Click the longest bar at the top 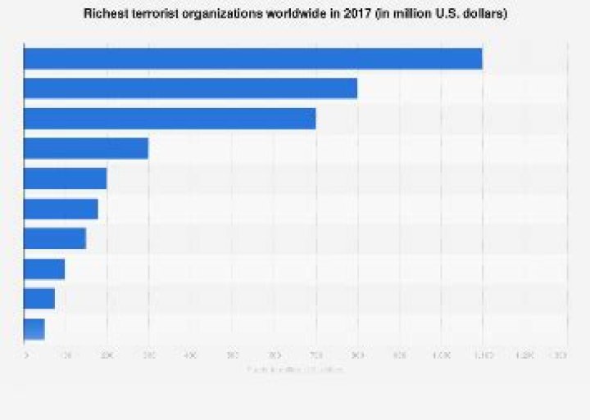[x=252, y=59]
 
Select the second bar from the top [x=190, y=88]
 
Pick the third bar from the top [x=170, y=119]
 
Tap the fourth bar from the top [x=86, y=148]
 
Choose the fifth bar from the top [x=66, y=178]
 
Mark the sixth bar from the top [x=61, y=209]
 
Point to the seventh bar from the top [x=55, y=238]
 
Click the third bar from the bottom [x=44, y=269]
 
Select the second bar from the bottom [x=39, y=298]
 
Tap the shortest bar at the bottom [x=34, y=328]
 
